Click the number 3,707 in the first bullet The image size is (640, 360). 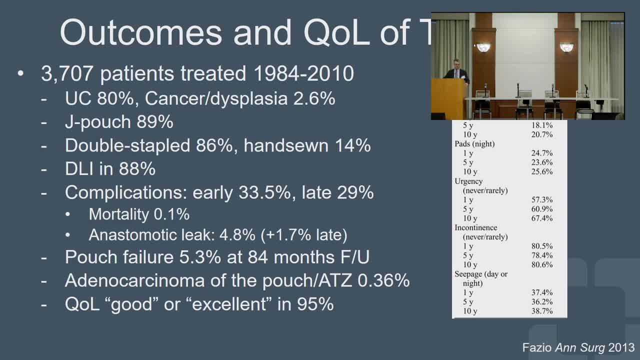tap(67, 73)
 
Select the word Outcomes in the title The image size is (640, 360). tap(141, 32)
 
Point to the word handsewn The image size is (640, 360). tap(286, 145)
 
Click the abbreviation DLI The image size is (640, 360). tap(79, 168)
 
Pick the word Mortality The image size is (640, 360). tap(118, 214)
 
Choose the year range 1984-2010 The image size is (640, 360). tap(303, 73)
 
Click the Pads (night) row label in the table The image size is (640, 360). tap(474, 143)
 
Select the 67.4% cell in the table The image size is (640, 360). tap(541, 218)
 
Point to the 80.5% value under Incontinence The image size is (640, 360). tap(541, 246)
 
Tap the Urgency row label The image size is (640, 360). tap(468, 181)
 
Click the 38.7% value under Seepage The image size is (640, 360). tap(541, 311)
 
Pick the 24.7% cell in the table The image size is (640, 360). tap(541, 153)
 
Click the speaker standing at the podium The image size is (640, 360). tap(456, 71)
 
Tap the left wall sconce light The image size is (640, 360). tap(483, 47)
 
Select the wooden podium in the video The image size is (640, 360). tap(448, 98)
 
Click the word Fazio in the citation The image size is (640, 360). tap(537, 347)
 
